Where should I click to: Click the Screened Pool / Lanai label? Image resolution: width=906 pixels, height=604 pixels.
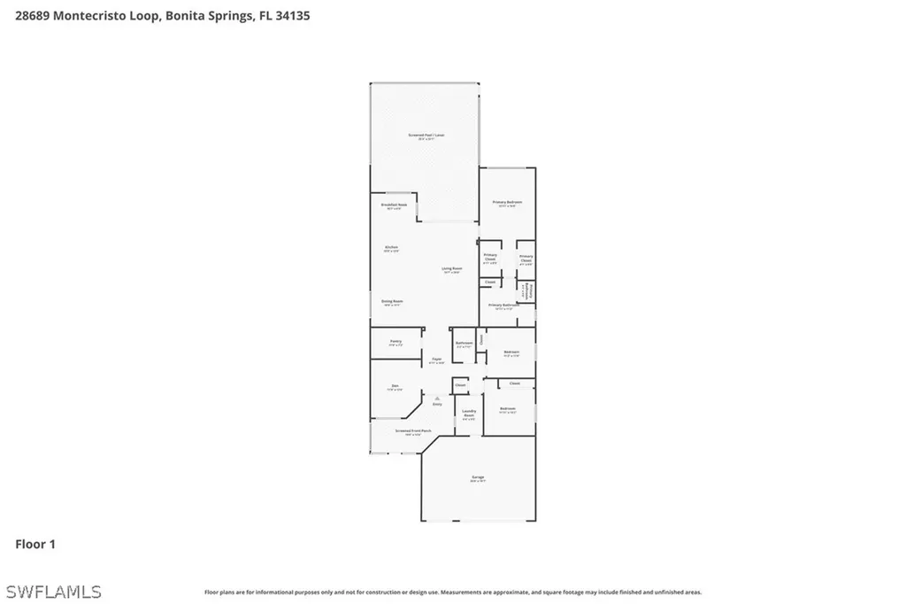coord(426,136)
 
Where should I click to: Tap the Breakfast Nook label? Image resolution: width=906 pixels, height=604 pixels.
coord(394,205)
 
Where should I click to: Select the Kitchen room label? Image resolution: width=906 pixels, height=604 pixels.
coord(391,248)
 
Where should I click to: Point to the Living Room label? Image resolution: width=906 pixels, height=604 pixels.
coord(451,270)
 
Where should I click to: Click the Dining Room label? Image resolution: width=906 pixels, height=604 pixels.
coord(392,302)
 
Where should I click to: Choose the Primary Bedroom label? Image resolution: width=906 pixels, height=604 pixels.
coord(507,203)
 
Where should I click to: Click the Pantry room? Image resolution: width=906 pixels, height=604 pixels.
coord(395,342)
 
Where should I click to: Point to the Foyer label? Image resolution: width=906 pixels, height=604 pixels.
coord(437,360)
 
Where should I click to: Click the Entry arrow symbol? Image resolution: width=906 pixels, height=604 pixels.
coord(437,399)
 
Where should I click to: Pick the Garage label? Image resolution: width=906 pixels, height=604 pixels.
coord(477,478)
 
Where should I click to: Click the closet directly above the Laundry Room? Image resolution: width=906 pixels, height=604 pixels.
coord(460,385)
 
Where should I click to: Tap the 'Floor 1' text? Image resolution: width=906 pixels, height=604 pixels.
coord(35,544)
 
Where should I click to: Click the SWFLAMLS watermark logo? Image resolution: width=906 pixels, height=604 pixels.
coord(53,591)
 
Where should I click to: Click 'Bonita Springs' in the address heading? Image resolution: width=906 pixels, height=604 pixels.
coord(200,16)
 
